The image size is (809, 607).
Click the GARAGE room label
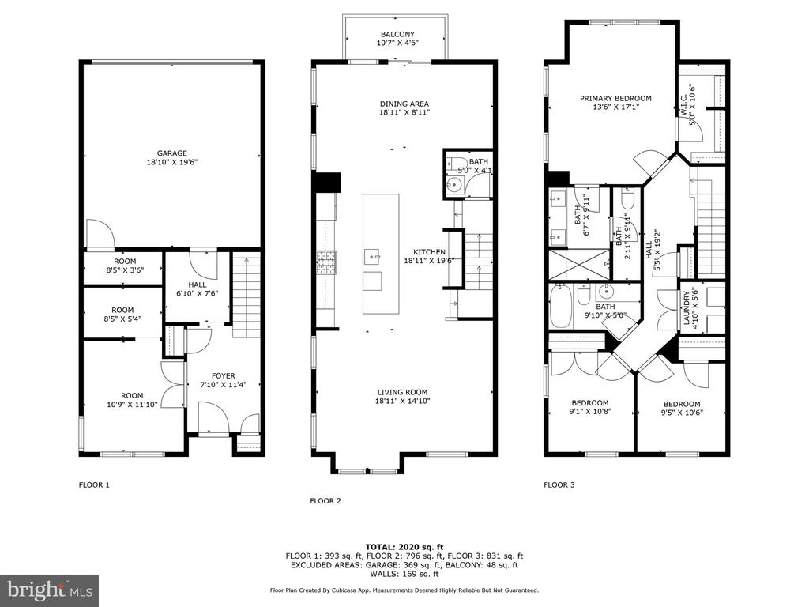[171, 153]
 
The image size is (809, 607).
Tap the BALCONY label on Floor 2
[397, 35]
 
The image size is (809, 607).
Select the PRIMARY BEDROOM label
[615, 99]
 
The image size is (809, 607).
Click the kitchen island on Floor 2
[381, 254]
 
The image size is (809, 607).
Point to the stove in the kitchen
[326, 262]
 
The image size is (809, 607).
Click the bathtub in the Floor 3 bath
[560, 307]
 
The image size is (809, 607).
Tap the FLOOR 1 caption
[94, 484]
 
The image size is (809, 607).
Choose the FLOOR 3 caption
[559, 484]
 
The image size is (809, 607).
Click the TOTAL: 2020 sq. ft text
[404, 547]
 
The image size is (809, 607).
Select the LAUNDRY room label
[687, 308]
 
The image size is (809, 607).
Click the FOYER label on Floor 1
[224, 376]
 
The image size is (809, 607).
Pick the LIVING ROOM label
[402, 392]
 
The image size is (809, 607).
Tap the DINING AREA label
[404, 104]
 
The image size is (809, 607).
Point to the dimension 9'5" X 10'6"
[682, 413]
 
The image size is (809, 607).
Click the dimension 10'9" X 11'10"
[132, 405]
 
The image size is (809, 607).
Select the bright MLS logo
[50, 590]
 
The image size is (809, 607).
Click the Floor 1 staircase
[246, 295]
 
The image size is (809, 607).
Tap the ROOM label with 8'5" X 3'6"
[125, 262]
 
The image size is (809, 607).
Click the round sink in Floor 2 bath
[454, 183]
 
